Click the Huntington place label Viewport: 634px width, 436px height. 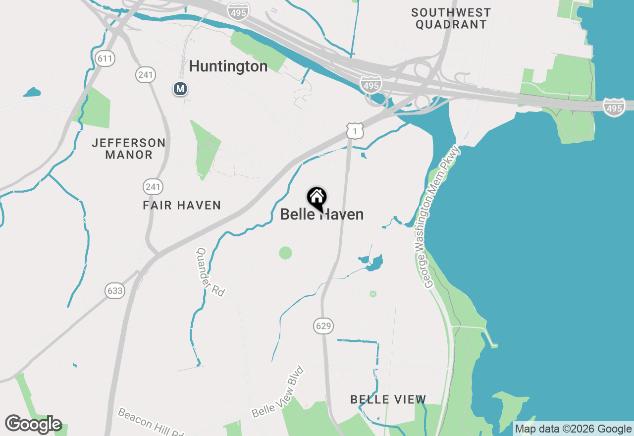pyautogui.click(x=228, y=66)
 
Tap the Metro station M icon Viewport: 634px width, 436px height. pyautogui.click(x=180, y=89)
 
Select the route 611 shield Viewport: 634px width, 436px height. pyautogui.click(x=105, y=59)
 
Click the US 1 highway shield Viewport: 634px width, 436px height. pyautogui.click(x=355, y=130)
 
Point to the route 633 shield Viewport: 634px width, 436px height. pyautogui.click(x=115, y=290)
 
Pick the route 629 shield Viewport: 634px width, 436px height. pyautogui.click(x=323, y=326)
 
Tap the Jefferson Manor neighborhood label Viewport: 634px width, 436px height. pyautogui.click(x=129, y=149)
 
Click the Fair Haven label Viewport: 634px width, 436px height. pyautogui.click(x=182, y=205)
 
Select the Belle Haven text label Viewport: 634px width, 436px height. pyautogui.click(x=322, y=215)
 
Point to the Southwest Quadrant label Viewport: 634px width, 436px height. pyautogui.click(x=451, y=18)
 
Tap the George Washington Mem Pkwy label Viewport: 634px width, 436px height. pyautogui.click(x=442, y=217)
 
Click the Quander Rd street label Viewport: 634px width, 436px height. pyautogui.click(x=211, y=272)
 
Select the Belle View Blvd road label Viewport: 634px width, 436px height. pyautogui.click(x=277, y=391)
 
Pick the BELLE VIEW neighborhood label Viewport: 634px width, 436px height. pyautogui.click(x=388, y=399)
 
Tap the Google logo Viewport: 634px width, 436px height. pyautogui.click(x=33, y=425)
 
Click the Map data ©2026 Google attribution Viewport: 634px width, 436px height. pyautogui.click(x=573, y=429)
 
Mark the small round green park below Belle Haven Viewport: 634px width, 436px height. pyautogui.click(x=285, y=253)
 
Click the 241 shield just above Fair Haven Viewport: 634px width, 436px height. pyautogui.click(x=153, y=187)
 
